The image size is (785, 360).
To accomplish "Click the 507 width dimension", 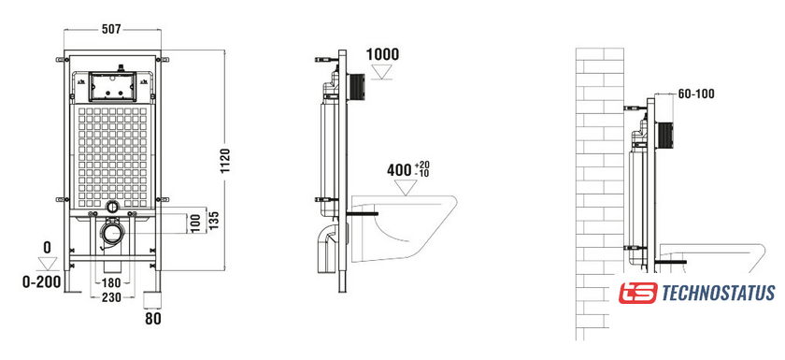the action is [x=111, y=30].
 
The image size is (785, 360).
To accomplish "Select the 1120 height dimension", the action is [x=225, y=161].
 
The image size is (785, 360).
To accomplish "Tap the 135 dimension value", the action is [x=214, y=220].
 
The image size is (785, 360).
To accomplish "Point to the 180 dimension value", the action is [x=111, y=283].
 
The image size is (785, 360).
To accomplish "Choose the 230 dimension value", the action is [x=111, y=297].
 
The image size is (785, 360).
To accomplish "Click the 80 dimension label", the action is [x=153, y=318].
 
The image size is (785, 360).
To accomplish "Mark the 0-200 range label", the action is [x=41, y=281].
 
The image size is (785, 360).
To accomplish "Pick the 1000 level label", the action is [x=383, y=54].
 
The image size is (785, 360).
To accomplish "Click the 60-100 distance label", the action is [x=696, y=94].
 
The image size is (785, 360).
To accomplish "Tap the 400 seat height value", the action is [x=399, y=170].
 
